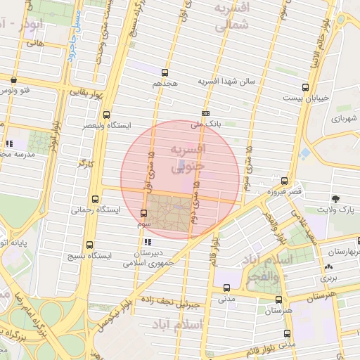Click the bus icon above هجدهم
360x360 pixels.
165,72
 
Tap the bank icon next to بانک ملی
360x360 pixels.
205,113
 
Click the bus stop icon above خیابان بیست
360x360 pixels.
304,87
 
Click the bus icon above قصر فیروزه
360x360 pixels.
284,180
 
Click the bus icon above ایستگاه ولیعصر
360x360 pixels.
106,115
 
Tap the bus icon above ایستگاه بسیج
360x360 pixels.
89,245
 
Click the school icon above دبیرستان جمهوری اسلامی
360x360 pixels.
146,243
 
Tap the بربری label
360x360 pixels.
328,278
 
